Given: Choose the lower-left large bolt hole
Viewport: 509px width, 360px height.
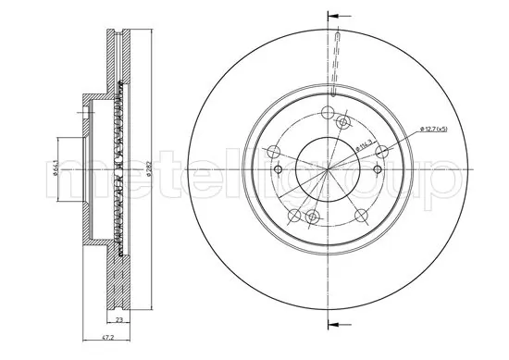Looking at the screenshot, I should (293, 216).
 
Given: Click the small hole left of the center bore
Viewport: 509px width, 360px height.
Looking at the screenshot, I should (278, 171).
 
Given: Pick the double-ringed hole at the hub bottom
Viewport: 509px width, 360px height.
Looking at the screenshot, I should (312, 217).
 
